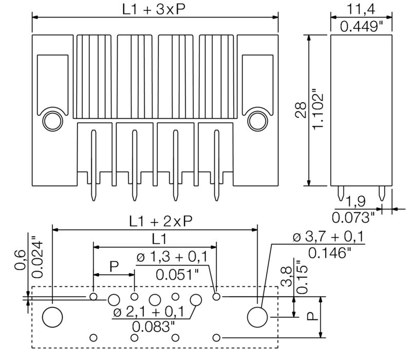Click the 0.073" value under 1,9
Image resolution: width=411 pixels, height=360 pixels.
tap(353, 217)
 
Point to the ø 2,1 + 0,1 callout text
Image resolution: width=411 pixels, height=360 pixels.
tap(149, 312)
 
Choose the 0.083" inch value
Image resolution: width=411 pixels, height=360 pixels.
tap(153, 327)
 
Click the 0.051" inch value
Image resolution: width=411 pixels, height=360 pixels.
tap(177, 274)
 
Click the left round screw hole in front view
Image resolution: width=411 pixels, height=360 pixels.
tap(51, 121)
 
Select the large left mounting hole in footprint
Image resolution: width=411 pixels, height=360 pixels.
tap(52, 317)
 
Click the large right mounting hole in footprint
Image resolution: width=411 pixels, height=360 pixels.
tap(257, 317)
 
